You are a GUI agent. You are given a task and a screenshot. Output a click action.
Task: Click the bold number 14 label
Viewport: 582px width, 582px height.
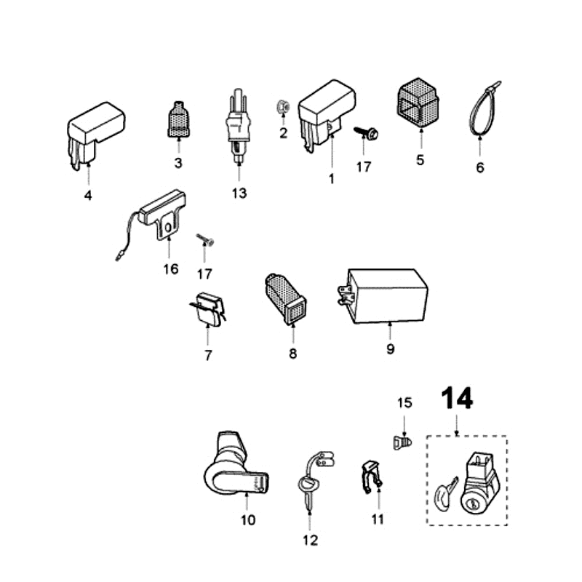457,399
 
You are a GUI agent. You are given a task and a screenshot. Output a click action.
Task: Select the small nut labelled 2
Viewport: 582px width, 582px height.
284,108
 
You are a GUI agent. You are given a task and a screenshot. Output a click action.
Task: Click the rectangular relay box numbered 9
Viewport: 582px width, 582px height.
386,295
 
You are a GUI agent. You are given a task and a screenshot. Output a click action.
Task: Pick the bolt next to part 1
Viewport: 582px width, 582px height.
366,133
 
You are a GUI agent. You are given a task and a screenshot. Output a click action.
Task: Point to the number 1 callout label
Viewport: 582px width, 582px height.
332,178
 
